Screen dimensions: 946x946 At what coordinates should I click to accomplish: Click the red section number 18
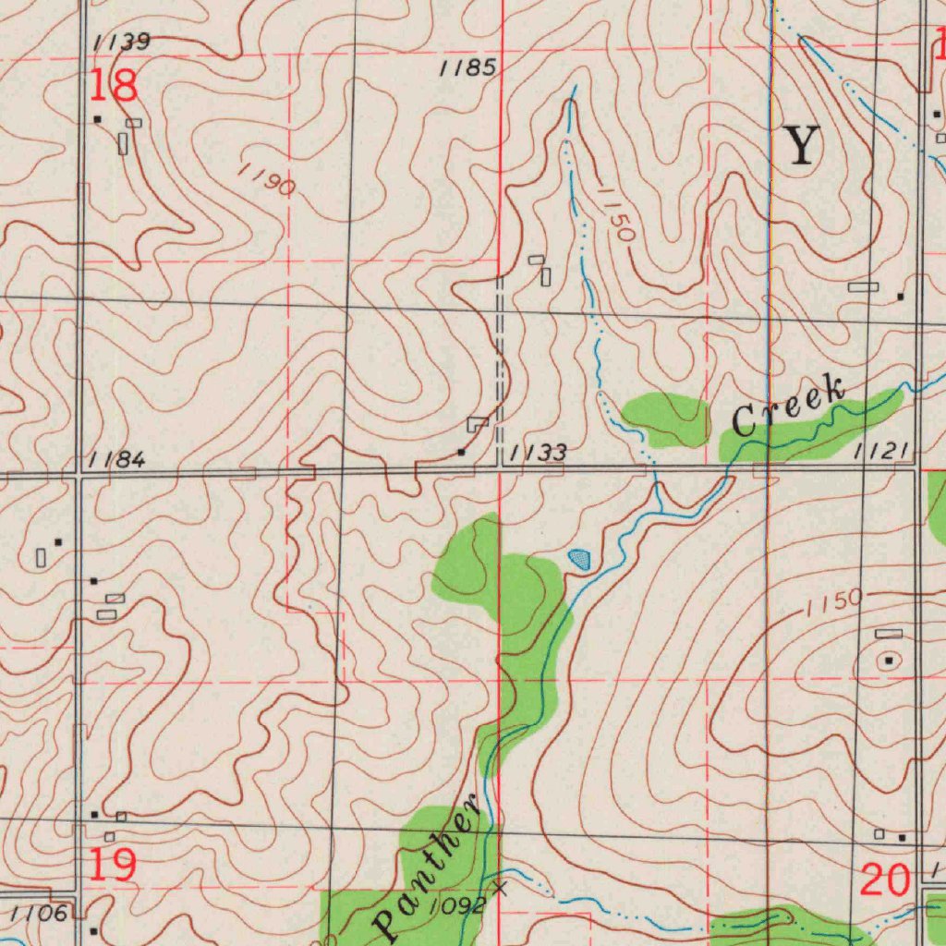click(114, 85)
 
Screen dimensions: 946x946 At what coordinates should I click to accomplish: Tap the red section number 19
click(114, 866)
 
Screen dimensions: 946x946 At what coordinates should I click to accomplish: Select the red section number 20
click(885, 880)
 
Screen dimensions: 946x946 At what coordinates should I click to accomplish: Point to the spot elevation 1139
click(121, 42)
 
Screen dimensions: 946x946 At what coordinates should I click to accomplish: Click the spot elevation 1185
click(467, 67)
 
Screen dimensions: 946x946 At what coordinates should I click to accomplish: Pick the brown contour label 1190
click(266, 179)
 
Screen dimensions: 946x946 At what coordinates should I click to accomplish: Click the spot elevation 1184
click(117, 459)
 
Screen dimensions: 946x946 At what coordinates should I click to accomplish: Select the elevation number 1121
click(882, 450)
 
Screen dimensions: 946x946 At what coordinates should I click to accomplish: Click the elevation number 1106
click(39, 914)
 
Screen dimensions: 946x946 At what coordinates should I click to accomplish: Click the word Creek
click(788, 407)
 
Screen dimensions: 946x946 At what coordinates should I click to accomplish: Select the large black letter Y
click(801, 146)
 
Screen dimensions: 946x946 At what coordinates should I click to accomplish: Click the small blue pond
click(579, 558)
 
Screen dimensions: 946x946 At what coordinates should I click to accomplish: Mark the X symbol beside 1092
click(501, 889)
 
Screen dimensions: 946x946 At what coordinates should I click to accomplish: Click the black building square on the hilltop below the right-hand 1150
click(889, 661)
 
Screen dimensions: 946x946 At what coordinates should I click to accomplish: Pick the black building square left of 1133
click(461, 452)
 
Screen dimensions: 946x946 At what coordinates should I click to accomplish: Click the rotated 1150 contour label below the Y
click(614, 213)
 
